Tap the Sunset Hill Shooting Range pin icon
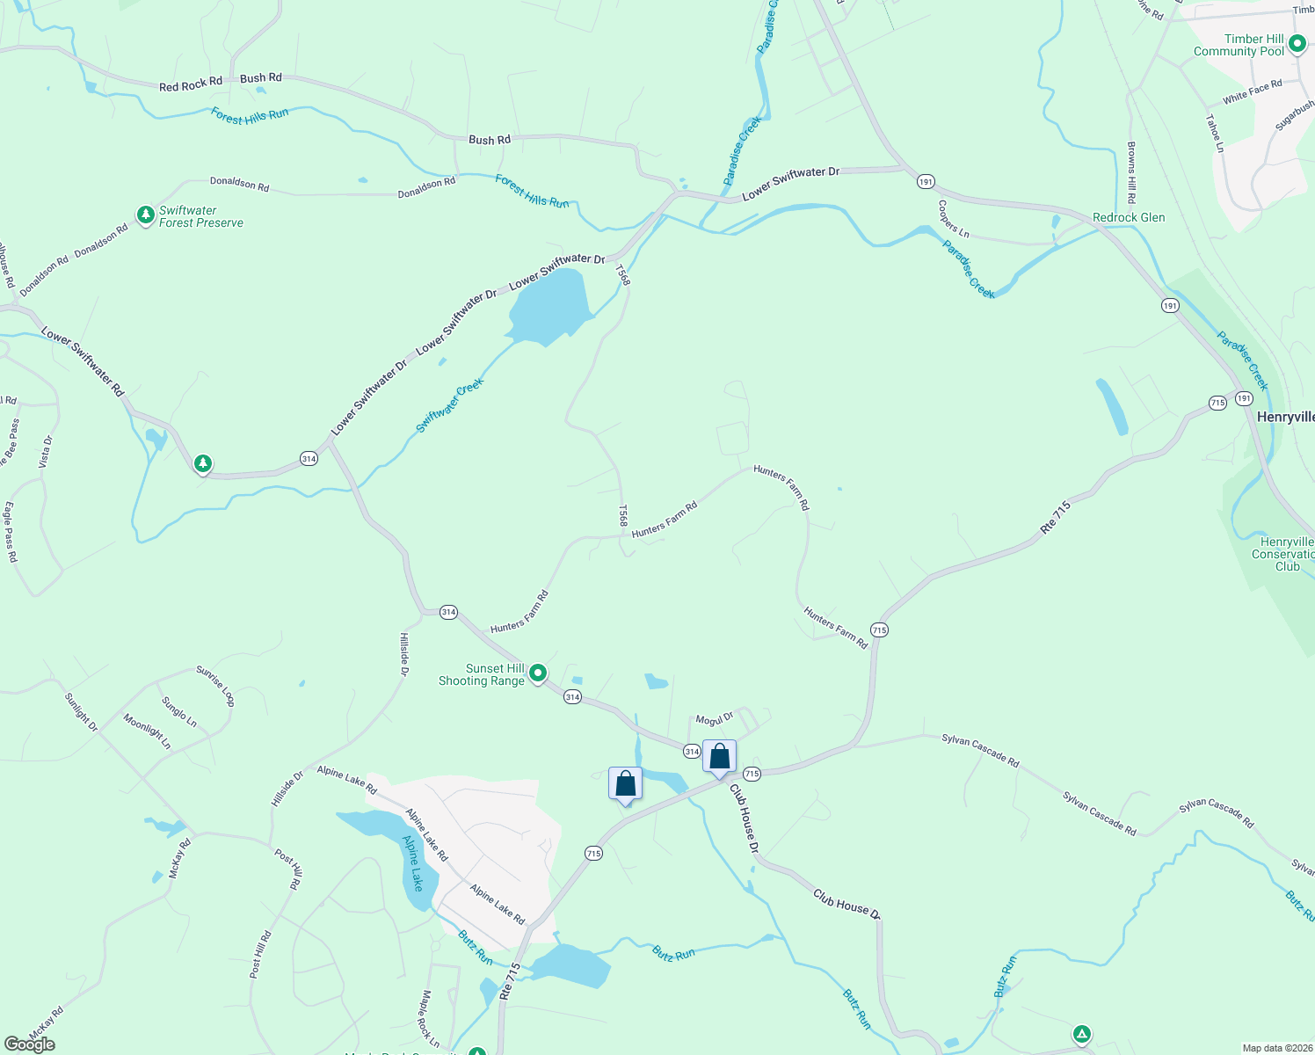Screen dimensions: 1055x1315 538,673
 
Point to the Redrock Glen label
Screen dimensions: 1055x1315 1129,217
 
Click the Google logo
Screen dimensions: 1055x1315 30,1044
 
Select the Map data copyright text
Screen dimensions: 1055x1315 1275,1048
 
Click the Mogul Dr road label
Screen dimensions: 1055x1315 715,719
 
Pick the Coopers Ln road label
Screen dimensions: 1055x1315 953,219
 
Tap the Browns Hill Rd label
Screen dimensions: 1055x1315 1132,172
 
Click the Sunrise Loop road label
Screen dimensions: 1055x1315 215,686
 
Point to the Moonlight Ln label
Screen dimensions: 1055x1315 147,731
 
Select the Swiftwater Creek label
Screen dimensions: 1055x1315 450,404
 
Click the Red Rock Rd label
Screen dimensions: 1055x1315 191,84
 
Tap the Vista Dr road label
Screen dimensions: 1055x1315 47,452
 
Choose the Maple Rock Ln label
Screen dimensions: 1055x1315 430,1014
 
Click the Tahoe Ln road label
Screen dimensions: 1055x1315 1215,134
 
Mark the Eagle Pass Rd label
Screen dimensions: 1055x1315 11,532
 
